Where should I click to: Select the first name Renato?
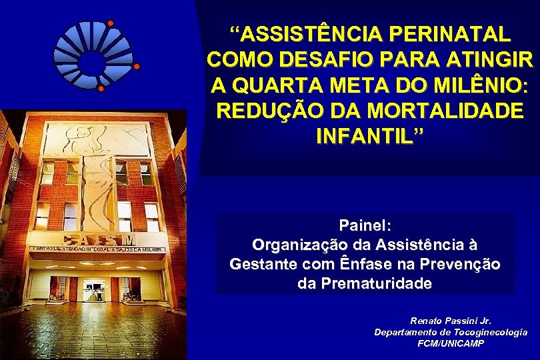coord(427,321)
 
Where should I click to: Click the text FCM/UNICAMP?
coord(451,343)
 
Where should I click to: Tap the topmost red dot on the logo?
coord(110,24)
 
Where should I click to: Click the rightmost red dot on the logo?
coord(137,67)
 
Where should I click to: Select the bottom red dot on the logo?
coord(101,88)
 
